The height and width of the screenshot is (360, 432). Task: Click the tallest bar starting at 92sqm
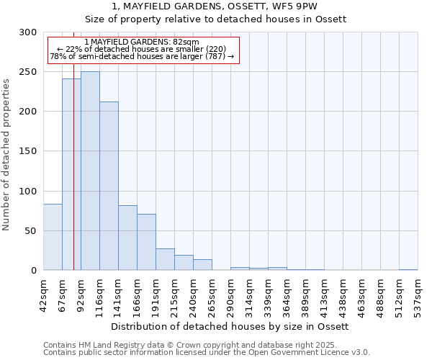(x=90, y=171)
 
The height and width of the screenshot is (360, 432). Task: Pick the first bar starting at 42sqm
(x=53, y=237)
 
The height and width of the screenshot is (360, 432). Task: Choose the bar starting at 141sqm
(x=127, y=238)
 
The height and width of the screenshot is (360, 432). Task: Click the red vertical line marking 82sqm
(x=73, y=144)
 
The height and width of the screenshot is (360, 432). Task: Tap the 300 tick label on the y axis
(x=28, y=32)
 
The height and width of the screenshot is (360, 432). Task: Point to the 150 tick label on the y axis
(x=28, y=151)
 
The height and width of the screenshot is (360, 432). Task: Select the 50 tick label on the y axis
(x=31, y=231)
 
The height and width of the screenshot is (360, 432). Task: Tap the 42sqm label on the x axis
(x=43, y=296)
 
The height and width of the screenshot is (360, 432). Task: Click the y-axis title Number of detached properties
(x=6, y=155)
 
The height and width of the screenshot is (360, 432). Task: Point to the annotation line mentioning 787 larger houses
(x=142, y=56)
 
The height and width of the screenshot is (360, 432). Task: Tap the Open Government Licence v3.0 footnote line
(x=207, y=352)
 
